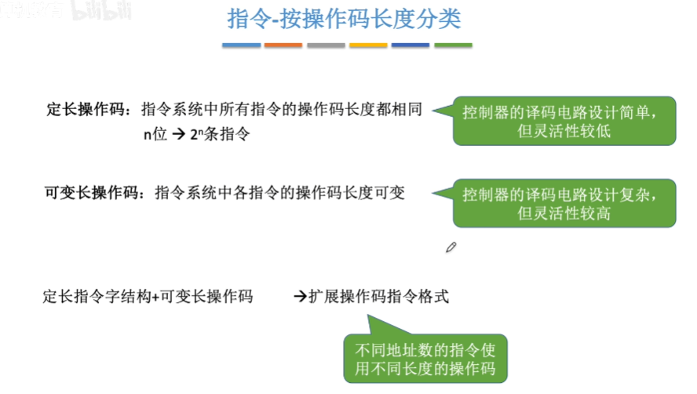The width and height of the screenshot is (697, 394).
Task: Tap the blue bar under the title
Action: (x=241, y=46)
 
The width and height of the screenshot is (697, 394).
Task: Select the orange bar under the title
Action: (x=283, y=46)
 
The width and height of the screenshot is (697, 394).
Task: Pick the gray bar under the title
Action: (x=326, y=46)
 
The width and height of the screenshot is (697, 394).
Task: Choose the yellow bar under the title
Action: (x=368, y=46)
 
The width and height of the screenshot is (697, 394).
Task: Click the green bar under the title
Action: (x=453, y=46)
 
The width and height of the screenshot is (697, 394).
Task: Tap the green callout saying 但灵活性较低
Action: (x=564, y=121)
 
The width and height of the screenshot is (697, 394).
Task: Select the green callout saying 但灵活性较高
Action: (x=564, y=203)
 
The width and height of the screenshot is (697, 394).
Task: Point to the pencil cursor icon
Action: (x=451, y=247)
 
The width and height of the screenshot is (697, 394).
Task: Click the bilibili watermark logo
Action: (x=101, y=9)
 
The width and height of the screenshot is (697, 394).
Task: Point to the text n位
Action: (x=155, y=135)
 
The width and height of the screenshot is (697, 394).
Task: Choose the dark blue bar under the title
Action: (x=411, y=46)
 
